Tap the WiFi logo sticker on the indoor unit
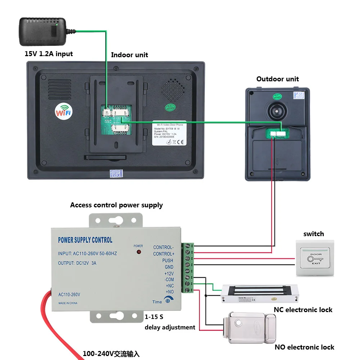tap(63, 111)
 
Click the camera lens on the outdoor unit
tap(277, 111)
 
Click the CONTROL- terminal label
tap(163, 247)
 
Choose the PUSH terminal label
tap(167, 260)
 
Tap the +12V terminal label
tap(169, 273)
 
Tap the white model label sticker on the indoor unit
tap(169, 133)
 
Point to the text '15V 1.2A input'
tap(49, 54)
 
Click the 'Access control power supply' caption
tap(116, 205)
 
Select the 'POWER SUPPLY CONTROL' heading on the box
tap(85, 240)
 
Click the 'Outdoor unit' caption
tap(277, 79)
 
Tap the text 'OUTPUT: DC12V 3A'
tap(77, 263)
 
